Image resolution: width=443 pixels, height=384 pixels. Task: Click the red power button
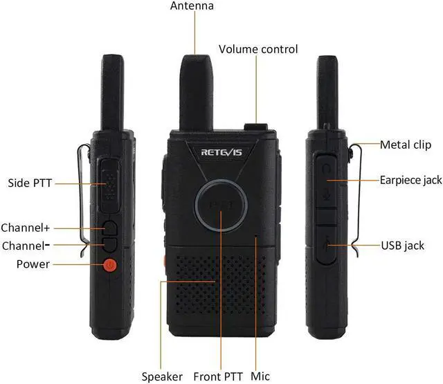click(x=109, y=265)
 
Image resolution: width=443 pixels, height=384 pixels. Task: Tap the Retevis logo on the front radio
click(x=221, y=152)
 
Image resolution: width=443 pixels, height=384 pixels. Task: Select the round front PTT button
click(x=221, y=205)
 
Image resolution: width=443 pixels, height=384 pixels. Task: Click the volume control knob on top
click(x=256, y=127)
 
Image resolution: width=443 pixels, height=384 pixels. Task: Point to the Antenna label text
click(x=192, y=6)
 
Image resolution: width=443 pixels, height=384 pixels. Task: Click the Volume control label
click(x=258, y=49)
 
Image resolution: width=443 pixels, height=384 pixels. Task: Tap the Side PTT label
click(x=30, y=183)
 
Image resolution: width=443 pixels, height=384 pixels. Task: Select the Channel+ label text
click(x=26, y=228)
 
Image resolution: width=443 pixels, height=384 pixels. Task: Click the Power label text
click(x=33, y=264)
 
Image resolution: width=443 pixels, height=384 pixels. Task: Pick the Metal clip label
click(x=406, y=145)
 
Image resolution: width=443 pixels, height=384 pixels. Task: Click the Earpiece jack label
click(x=410, y=180)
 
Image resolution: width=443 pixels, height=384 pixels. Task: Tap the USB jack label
click(x=403, y=246)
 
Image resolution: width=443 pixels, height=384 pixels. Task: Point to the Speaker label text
click(x=162, y=376)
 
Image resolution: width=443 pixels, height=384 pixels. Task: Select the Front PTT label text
click(x=218, y=376)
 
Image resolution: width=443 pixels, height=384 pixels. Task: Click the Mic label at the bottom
click(x=260, y=376)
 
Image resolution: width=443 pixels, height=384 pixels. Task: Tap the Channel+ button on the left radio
click(x=110, y=228)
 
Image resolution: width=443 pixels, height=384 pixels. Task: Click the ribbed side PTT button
click(x=109, y=185)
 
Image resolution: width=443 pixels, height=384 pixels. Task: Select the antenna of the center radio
click(x=197, y=93)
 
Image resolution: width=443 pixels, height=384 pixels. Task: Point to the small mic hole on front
click(x=256, y=235)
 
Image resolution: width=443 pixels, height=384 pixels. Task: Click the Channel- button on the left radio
click(x=110, y=245)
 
